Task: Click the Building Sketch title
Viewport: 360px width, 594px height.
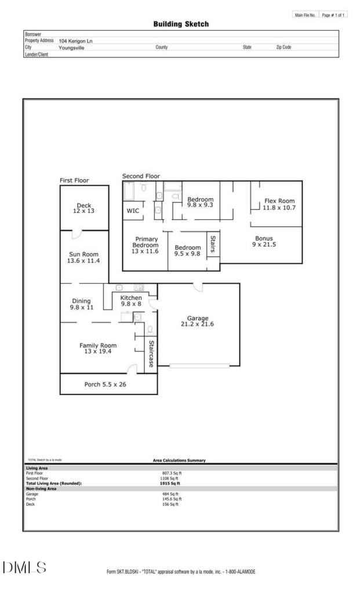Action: point(181,24)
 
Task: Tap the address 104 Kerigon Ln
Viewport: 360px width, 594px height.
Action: point(76,41)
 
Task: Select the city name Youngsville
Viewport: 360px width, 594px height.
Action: point(71,48)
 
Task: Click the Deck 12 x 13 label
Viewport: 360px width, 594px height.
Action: point(83,208)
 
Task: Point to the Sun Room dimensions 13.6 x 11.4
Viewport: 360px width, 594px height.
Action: point(83,260)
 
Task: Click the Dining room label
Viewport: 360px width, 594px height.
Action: point(81,301)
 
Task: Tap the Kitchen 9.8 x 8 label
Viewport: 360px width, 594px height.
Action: point(131,301)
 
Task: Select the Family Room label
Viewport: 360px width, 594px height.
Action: point(98,346)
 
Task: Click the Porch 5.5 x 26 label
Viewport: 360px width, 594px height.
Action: point(106,385)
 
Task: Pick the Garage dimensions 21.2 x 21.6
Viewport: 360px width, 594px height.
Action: point(197,324)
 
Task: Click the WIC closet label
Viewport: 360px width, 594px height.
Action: point(133,211)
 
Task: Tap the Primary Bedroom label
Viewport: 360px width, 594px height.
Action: point(146,242)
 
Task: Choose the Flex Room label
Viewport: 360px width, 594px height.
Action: point(279,201)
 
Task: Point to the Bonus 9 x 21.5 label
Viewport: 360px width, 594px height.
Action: point(264,241)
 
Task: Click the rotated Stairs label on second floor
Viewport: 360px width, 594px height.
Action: point(213,244)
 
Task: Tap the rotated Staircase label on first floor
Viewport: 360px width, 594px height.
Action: point(151,354)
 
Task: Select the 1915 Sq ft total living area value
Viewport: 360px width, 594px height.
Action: point(170,483)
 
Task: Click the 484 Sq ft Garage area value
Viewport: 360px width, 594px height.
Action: point(170,494)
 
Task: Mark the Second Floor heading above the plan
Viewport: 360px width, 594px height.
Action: point(141,176)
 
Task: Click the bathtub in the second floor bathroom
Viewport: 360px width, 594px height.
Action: point(129,191)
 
